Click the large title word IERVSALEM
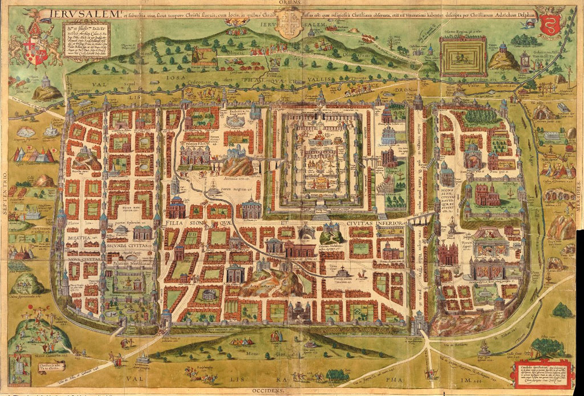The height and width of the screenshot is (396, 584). [x=86, y=9]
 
